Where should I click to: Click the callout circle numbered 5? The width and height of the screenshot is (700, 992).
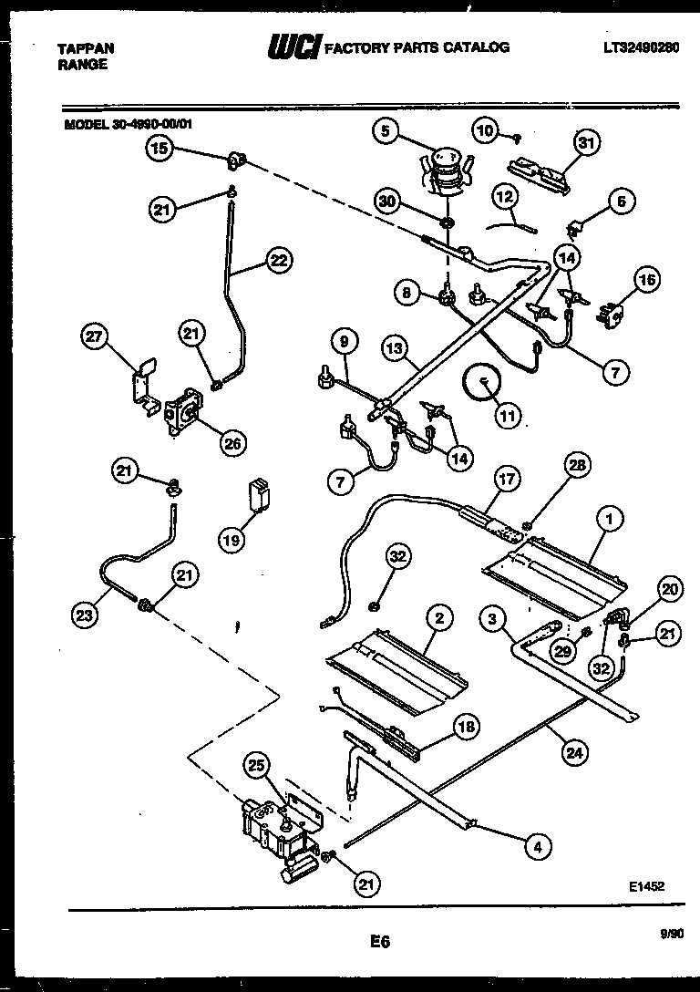tap(386, 132)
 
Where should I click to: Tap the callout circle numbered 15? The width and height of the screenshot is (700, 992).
tap(160, 149)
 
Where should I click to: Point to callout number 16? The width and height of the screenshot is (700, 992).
tap(647, 280)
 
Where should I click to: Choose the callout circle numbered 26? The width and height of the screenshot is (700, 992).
tap(233, 444)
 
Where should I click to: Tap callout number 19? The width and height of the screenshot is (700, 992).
tap(233, 541)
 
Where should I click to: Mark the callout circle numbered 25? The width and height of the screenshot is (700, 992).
tap(258, 767)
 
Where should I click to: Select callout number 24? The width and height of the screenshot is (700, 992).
tap(574, 752)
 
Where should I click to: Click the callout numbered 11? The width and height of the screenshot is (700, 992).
tap(507, 416)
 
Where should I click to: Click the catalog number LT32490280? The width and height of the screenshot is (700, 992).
tap(640, 46)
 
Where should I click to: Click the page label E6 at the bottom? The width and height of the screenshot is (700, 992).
tap(380, 944)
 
